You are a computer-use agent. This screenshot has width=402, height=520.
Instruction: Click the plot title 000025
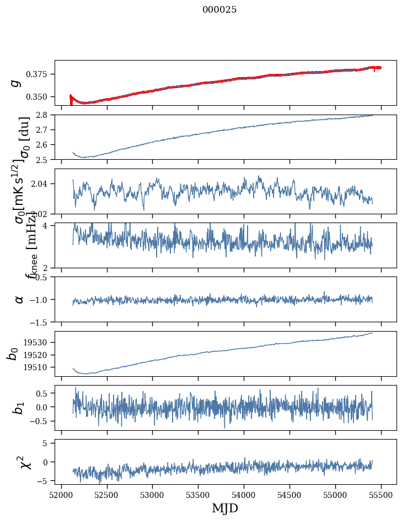point(219,10)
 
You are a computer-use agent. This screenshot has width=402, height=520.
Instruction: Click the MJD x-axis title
point(225,508)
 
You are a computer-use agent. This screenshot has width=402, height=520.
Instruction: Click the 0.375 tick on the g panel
point(40,74)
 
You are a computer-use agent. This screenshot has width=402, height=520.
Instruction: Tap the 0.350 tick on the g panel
point(40,97)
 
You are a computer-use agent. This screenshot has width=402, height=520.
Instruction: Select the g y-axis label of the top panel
point(17,82)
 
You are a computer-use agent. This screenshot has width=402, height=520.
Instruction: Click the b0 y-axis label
point(13,354)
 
